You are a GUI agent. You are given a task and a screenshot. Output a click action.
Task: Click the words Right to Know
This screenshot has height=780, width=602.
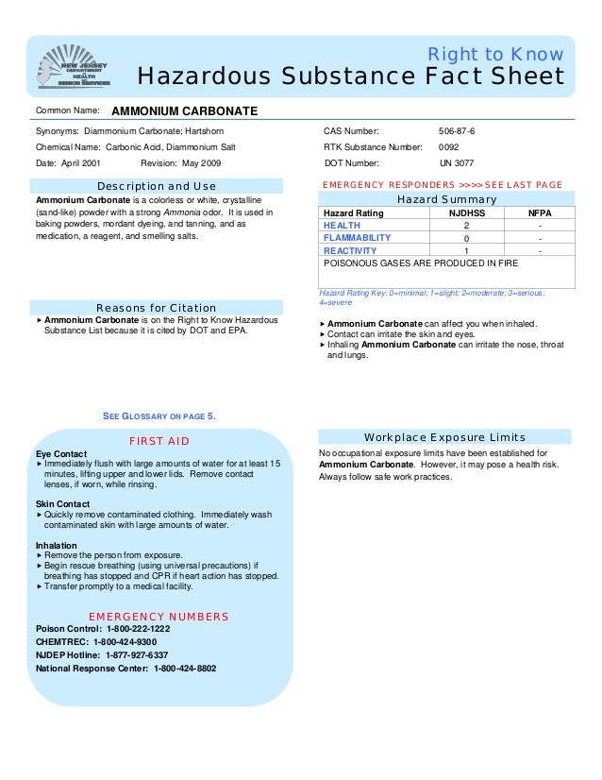coord(496,54)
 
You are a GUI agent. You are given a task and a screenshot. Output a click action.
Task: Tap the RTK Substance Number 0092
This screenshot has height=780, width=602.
coord(449,147)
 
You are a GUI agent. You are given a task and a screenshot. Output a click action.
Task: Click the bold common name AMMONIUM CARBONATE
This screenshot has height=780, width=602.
coord(184,111)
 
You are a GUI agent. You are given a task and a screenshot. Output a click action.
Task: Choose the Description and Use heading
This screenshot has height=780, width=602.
coord(157,186)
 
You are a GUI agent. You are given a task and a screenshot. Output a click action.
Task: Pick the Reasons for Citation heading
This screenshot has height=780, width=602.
coord(157,308)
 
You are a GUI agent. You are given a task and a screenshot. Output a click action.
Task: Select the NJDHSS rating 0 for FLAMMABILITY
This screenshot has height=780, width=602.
coord(466,239)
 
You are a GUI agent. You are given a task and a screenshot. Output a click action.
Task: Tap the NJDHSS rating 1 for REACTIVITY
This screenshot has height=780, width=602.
coord(466,251)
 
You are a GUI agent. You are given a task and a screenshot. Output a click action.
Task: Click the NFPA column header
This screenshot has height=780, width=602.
coord(540,214)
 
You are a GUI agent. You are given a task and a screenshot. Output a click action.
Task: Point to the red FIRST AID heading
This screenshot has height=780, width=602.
coord(159,441)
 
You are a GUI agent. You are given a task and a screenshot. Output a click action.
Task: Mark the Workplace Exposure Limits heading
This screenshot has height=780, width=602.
coord(444,437)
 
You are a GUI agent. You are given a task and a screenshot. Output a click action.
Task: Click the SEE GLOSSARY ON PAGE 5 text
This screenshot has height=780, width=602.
coord(159,415)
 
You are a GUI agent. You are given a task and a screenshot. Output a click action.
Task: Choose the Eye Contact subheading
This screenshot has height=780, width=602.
coord(61,454)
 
